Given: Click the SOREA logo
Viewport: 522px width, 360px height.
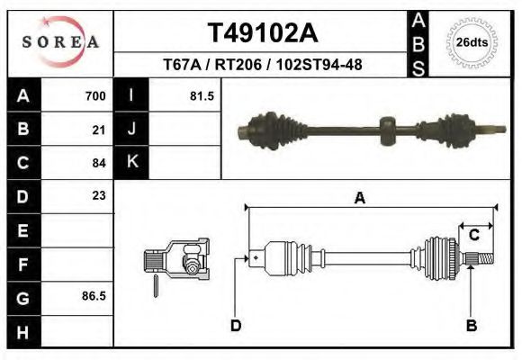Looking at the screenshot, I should point(60,42).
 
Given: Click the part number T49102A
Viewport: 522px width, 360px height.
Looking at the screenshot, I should point(262,33).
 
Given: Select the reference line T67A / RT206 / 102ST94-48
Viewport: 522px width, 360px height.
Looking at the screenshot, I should point(262,66).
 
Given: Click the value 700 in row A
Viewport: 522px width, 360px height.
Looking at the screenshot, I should point(95,96).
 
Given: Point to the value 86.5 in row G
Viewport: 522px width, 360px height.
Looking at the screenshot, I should point(94,295).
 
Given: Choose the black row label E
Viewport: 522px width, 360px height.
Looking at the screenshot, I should point(22,229).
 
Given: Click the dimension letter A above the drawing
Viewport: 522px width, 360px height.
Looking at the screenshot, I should point(359,199).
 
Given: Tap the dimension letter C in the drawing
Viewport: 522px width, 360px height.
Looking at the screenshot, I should point(473,235).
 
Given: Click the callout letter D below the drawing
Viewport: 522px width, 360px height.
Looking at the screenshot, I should point(236,325).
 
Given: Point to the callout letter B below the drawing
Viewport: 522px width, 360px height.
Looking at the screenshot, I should point(471,325).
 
